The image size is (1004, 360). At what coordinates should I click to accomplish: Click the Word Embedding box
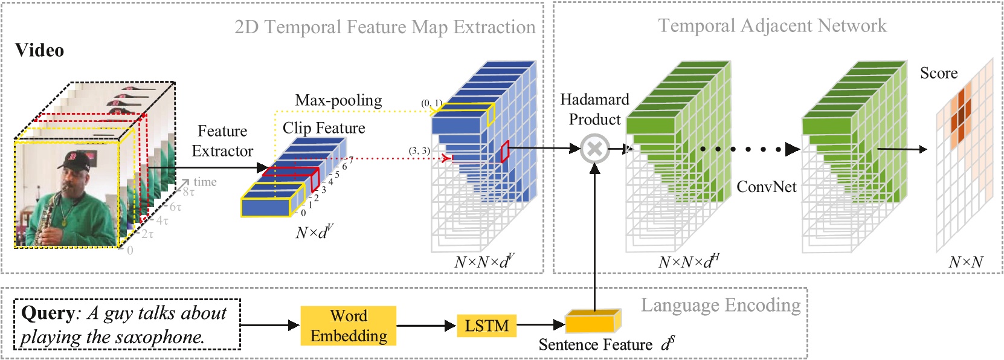coord(349,326)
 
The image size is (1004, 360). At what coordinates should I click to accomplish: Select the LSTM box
coord(486,326)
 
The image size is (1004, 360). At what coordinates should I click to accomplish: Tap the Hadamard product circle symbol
coord(594,149)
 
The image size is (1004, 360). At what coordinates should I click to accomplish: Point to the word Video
coord(39,50)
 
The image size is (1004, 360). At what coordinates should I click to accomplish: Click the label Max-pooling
coord(338,100)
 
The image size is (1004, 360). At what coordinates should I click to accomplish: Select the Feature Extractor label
coord(222,141)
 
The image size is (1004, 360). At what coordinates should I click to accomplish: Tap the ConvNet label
coord(766,187)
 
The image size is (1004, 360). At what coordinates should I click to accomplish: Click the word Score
coord(938,73)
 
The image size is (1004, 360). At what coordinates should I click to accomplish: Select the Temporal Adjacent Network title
coord(771,25)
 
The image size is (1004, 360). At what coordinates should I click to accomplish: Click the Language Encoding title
coord(720,305)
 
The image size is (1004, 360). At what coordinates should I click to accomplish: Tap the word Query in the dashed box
coord(48,313)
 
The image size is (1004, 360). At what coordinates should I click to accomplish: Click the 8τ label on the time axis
coord(188,192)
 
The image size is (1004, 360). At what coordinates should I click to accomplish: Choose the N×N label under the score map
coord(965,262)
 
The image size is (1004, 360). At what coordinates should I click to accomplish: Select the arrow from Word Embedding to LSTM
coord(426,326)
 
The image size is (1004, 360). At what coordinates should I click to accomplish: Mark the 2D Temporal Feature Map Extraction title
coord(385,27)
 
